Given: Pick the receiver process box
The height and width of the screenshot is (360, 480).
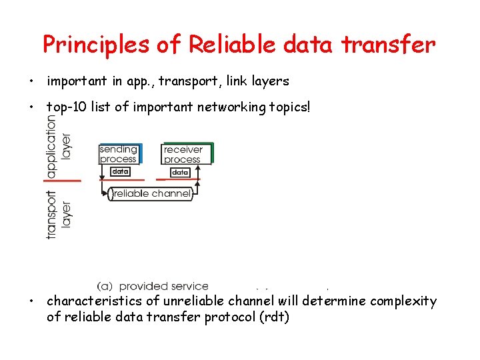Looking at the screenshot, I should [x=186, y=154].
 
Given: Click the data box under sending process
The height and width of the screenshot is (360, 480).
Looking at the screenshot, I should [x=120, y=171].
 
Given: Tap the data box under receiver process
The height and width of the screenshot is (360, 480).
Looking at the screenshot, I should [x=180, y=172].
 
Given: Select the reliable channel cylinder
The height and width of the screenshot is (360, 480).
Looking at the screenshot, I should [x=151, y=194].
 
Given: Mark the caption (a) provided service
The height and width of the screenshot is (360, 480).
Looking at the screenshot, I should [x=153, y=286].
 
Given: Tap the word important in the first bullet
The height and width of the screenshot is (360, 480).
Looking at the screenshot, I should [x=77, y=81].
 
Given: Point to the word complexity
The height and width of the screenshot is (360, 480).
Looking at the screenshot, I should [x=402, y=301].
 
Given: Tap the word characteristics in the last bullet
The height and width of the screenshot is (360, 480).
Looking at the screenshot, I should [x=93, y=301].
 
